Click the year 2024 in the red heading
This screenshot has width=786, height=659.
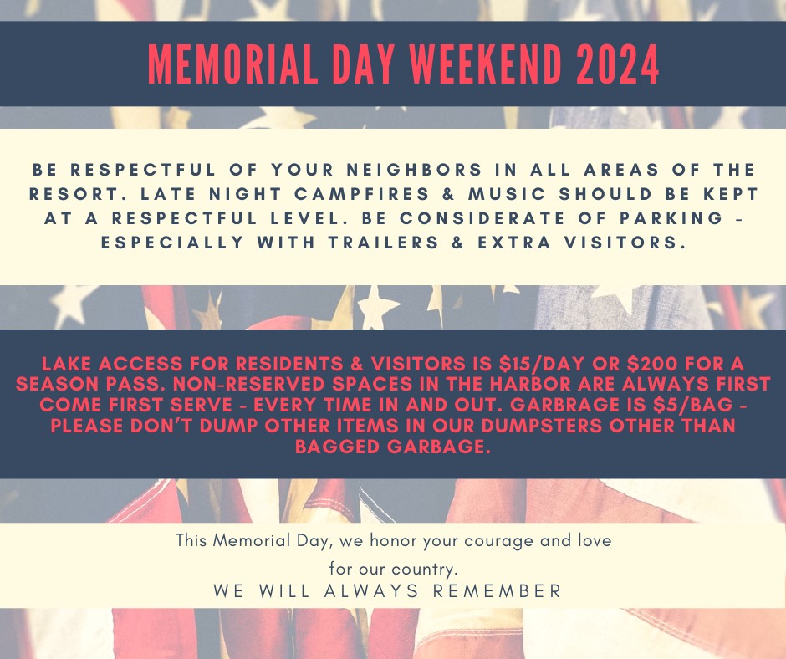(x=618, y=64)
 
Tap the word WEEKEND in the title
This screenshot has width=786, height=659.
(x=485, y=64)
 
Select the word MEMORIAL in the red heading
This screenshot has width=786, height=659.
(x=233, y=64)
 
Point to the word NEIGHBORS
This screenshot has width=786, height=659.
(x=415, y=170)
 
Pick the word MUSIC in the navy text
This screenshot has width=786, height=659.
(x=507, y=193)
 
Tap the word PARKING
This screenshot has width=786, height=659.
(x=671, y=217)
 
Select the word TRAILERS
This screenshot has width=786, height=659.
(x=384, y=243)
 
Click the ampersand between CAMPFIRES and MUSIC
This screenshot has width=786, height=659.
(x=449, y=193)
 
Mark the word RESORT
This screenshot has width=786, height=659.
(x=64, y=193)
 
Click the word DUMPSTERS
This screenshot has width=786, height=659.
(x=542, y=426)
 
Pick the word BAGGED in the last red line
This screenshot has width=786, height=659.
(x=339, y=446)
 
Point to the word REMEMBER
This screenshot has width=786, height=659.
(x=498, y=590)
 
